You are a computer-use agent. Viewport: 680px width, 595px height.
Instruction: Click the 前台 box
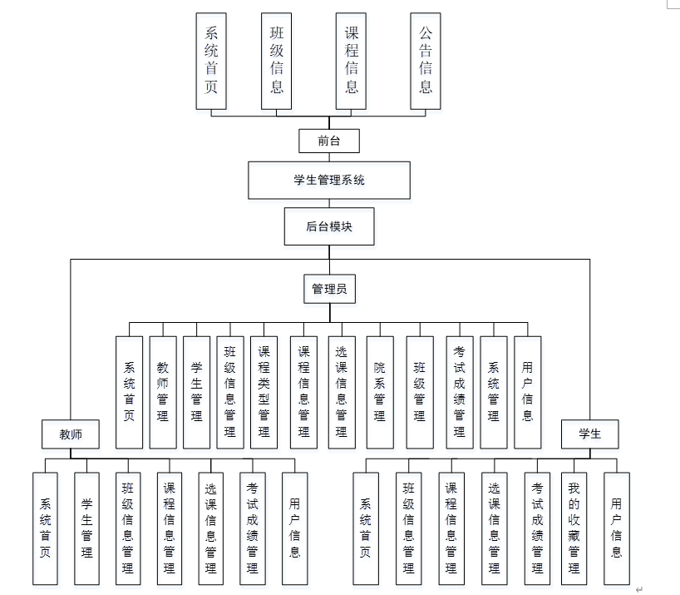pyautogui.click(x=329, y=141)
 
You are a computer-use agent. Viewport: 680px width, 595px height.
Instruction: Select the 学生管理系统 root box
pyautogui.click(x=329, y=180)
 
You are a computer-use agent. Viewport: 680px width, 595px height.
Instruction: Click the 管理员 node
pyautogui.click(x=329, y=289)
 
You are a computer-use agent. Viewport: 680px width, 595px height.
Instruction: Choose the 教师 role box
pyautogui.click(x=71, y=434)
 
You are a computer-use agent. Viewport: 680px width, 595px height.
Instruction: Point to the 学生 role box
pyautogui.click(x=589, y=434)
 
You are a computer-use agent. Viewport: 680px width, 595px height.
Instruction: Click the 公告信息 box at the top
pyautogui.click(x=426, y=60)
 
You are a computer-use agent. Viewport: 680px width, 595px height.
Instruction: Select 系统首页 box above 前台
pyautogui.click(x=211, y=60)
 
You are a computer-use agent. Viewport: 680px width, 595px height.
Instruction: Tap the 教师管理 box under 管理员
pyautogui.click(x=163, y=392)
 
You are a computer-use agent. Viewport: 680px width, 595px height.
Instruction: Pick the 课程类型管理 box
pyautogui.click(x=264, y=392)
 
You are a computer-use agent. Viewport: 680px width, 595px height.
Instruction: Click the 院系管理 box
pyautogui.click(x=380, y=392)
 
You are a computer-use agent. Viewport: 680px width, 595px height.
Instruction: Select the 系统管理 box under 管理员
pyautogui.click(x=494, y=392)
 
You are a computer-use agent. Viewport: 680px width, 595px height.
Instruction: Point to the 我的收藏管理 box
pyautogui.click(x=574, y=528)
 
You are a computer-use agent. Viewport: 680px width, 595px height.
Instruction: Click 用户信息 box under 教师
pyautogui.click(x=295, y=528)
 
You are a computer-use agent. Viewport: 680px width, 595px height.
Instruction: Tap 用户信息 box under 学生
pyautogui.click(x=616, y=528)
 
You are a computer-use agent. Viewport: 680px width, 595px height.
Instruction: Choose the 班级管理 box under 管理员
pyautogui.click(x=420, y=392)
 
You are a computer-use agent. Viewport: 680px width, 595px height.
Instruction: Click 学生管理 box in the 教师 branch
pyautogui.click(x=87, y=528)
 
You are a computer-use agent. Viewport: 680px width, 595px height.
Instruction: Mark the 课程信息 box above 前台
pyautogui.click(x=351, y=60)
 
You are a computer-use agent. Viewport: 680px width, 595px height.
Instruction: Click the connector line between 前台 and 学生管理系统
pyautogui.click(x=329, y=157)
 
